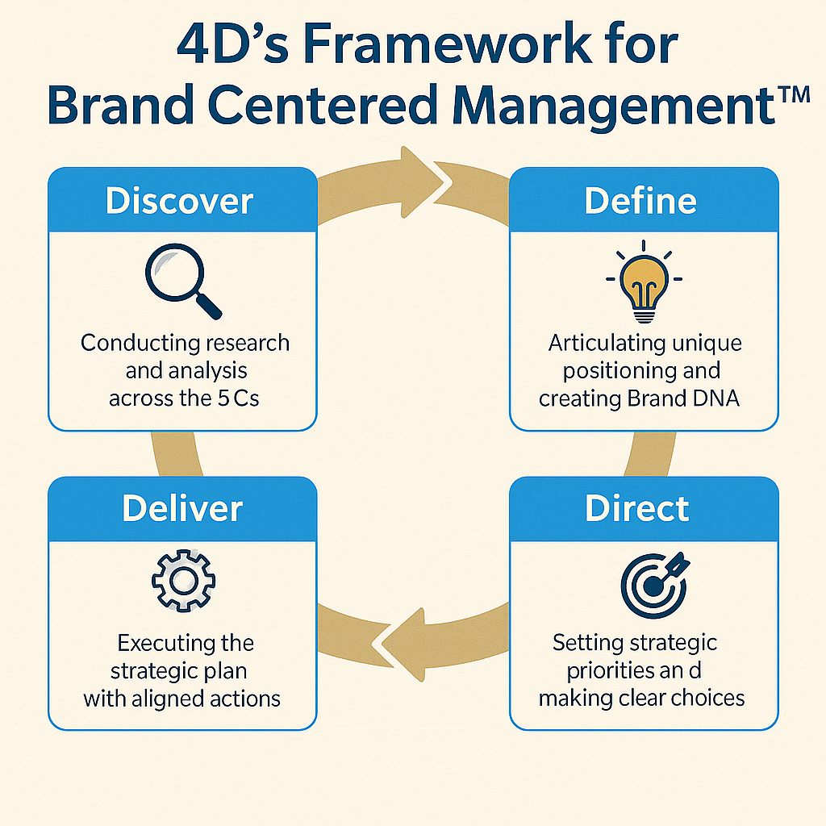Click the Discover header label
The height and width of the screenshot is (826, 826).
coord(179,201)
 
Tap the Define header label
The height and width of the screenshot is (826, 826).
coord(640,201)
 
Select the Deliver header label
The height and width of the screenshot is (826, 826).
coord(182,508)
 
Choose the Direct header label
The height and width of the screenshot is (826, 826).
coord(637,508)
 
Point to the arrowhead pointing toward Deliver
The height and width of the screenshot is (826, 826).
coord(401,637)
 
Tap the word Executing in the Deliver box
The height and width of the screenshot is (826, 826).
coord(163,643)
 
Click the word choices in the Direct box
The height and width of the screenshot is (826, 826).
coord(701,698)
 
